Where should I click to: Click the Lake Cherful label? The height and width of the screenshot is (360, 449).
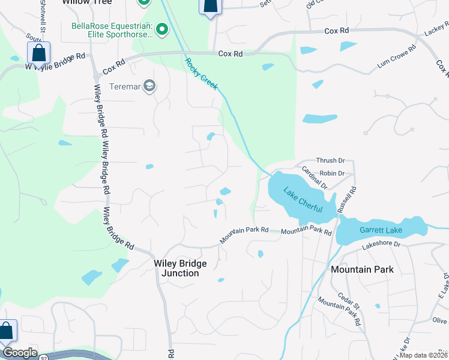(x=303, y=201)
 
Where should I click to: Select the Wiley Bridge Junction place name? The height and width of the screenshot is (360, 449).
(x=180, y=268)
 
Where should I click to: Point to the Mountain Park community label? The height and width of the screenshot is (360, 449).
(x=363, y=269)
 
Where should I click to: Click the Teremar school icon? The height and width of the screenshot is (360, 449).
(x=149, y=86)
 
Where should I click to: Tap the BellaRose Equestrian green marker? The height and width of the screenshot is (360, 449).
(x=161, y=28)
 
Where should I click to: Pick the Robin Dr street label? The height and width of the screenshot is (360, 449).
(x=332, y=173)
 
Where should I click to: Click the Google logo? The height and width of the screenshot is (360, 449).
(x=20, y=353)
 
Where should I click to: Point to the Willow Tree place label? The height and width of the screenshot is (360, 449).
(x=85, y=2)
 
